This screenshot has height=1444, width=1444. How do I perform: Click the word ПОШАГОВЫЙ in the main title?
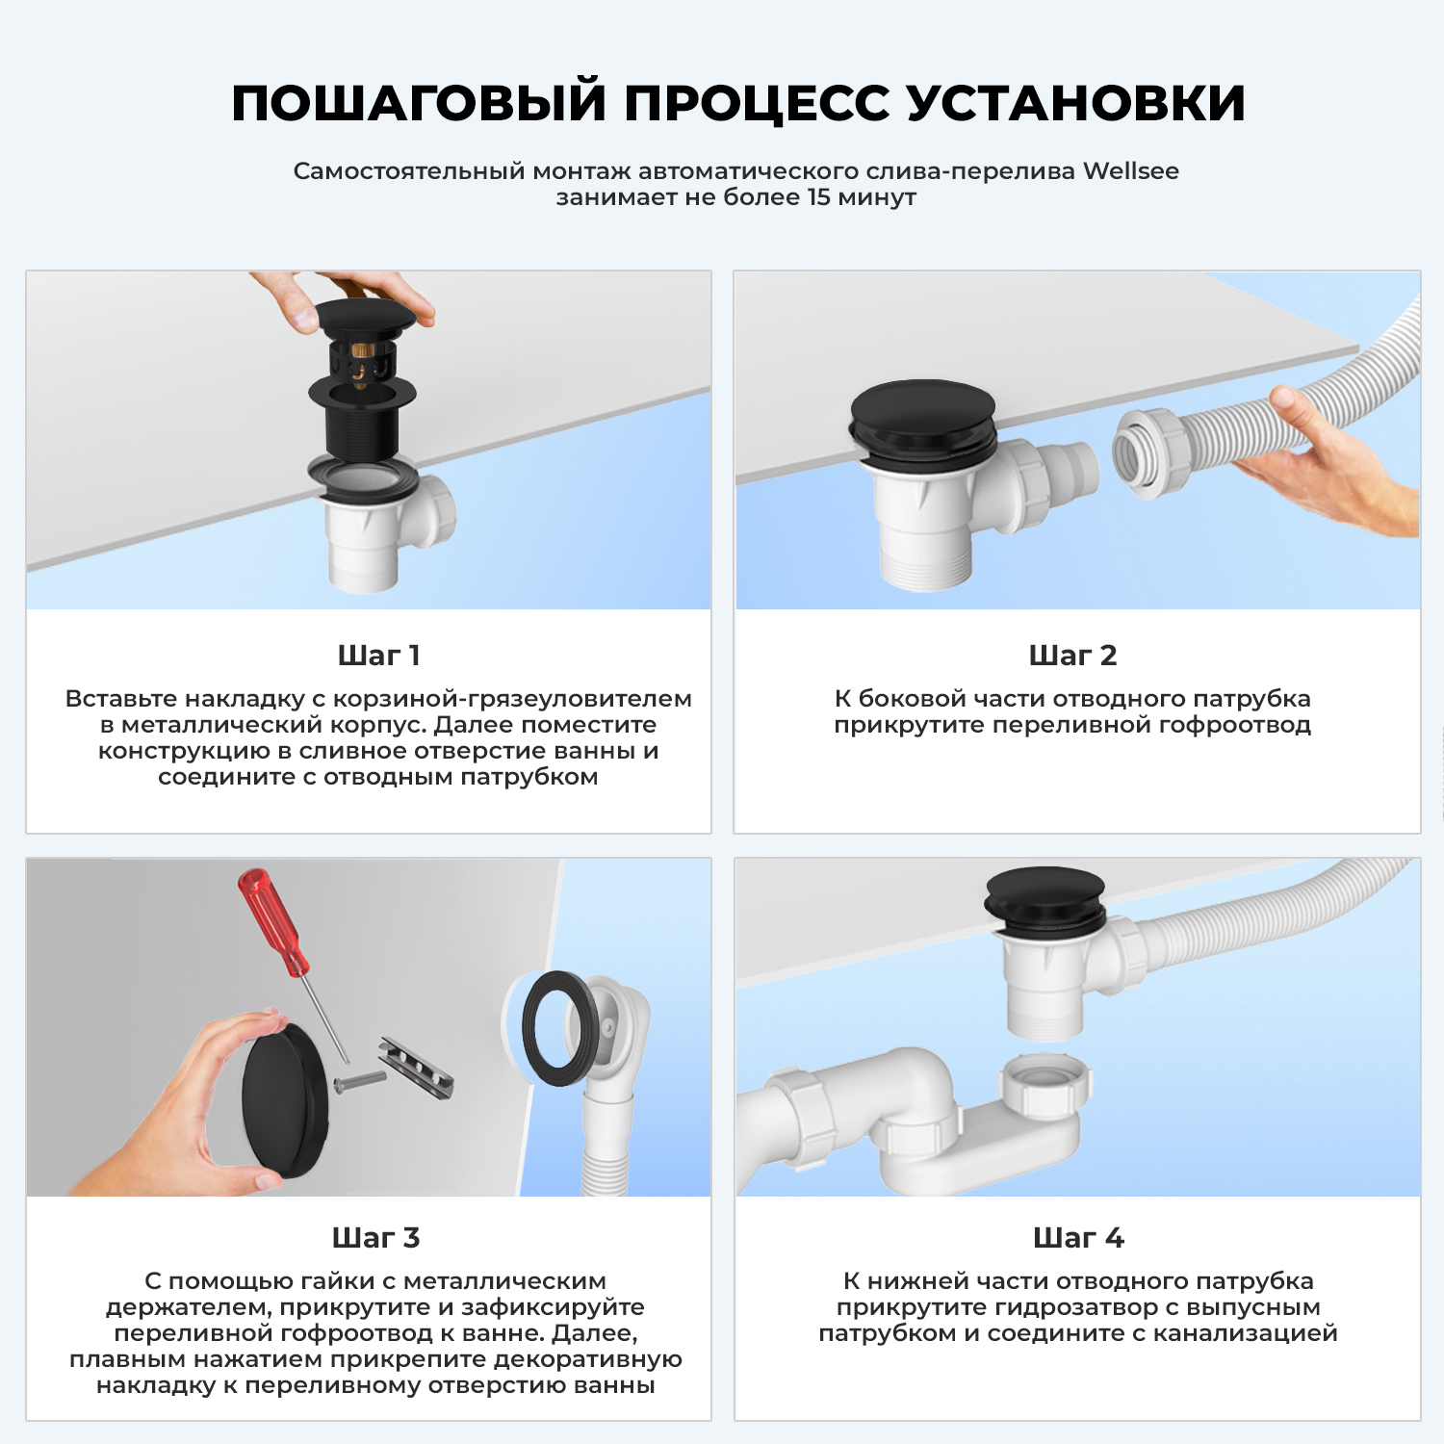[x=419, y=104]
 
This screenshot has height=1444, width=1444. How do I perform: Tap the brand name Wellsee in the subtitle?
[x=1130, y=171]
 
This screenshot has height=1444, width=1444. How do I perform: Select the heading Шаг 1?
[x=378, y=656]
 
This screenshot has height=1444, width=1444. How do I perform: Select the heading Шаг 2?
[x=1072, y=656]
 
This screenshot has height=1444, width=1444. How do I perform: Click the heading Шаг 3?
[x=375, y=1238]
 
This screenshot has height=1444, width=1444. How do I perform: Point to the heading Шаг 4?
[x=1077, y=1238]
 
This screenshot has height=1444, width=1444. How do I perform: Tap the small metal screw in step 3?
[x=358, y=1081]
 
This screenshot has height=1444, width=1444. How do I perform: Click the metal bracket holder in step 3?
[x=416, y=1070]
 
